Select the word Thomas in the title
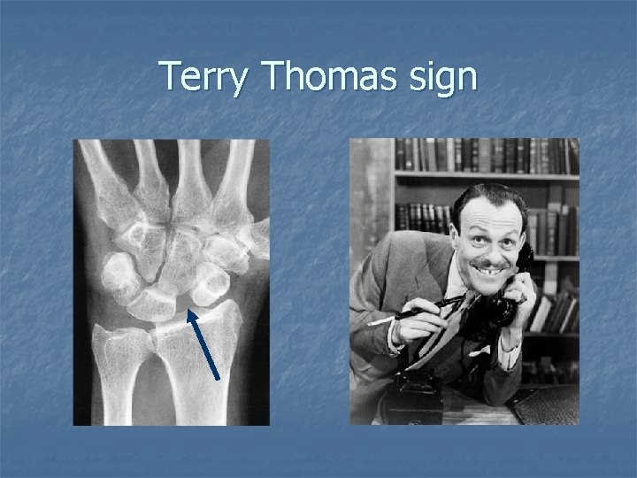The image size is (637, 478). pyautogui.click(x=323, y=78)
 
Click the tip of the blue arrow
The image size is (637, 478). pyautogui.click(x=189, y=309)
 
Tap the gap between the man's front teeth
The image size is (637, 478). pyautogui.click(x=489, y=272)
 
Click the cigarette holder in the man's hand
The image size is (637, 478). pyautogui.click(x=416, y=312)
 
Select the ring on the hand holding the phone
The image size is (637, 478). pyautogui.click(x=522, y=297)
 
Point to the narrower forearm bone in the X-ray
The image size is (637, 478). pyautogui.click(x=119, y=372)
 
